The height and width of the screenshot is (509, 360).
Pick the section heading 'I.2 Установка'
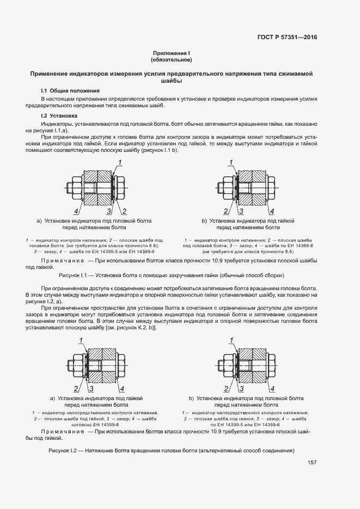click(59, 115)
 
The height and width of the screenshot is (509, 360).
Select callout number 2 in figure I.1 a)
click(125, 211)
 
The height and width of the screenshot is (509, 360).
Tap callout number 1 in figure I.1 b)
click(231, 162)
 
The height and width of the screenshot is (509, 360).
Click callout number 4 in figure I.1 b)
click(271, 211)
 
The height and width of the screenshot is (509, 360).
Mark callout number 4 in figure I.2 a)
click(122, 389)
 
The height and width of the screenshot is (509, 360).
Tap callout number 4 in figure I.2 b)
click(272, 389)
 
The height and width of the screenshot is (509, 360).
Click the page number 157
click(312, 463)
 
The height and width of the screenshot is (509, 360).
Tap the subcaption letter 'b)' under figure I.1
click(204, 221)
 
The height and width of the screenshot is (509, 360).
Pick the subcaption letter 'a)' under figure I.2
click(53, 398)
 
